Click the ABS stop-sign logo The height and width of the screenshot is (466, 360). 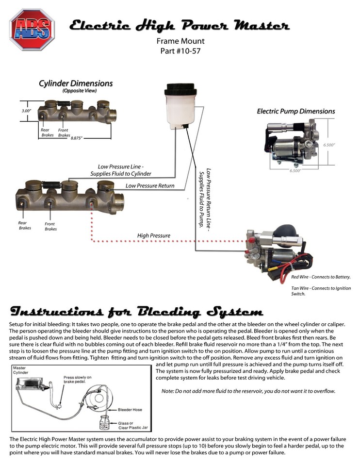tap(32, 29)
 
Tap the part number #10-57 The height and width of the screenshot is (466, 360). tap(180, 50)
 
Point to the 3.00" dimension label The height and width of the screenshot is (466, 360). tap(26, 111)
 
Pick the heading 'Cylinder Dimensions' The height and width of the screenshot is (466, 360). tap(76, 83)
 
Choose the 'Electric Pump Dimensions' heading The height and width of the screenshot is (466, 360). tap(295, 112)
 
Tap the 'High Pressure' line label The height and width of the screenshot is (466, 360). tap(153, 236)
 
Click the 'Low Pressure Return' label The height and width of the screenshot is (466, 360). tap(150, 186)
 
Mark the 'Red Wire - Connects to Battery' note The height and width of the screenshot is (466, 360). tap(321, 277)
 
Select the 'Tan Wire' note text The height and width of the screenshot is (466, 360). tap(320, 291)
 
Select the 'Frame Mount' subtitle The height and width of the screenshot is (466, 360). tap(180, 41)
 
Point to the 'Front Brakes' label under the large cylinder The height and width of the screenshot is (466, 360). tap(50, 226)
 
